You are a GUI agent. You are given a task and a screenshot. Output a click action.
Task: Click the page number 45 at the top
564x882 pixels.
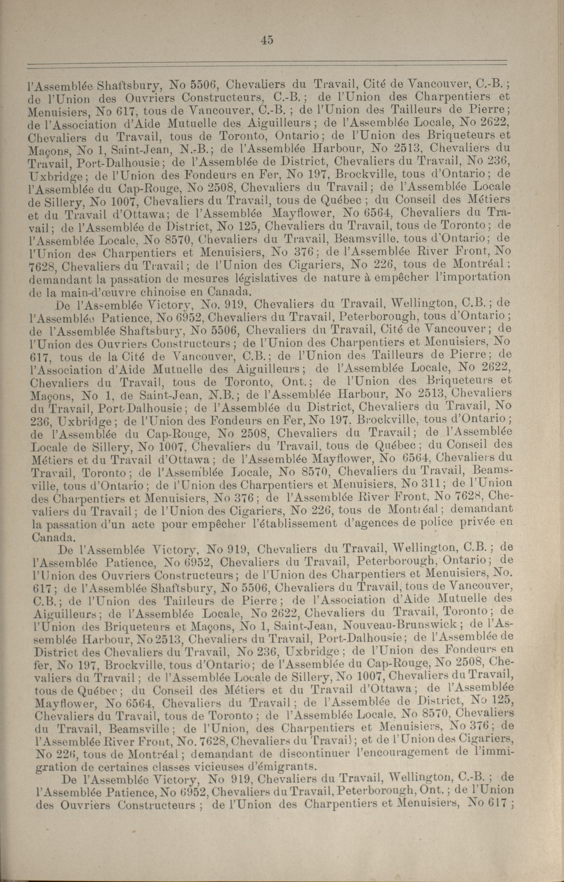267,40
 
